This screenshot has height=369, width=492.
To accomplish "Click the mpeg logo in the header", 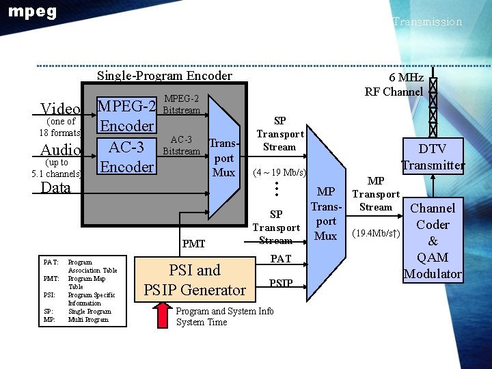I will pyautogui.click(x=32, y=12).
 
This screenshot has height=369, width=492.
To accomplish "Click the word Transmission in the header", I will pyautogui.click(x=427, y=22).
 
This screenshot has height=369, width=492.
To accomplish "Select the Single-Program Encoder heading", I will pyautogui.click(x=164, y=76).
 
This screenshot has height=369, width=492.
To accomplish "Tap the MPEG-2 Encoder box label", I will pyautogui.click(x=126, y=116).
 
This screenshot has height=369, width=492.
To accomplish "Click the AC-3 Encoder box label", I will pyautogui.click(x=126, y=156).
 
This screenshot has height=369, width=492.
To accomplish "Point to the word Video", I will pyautogui.click(x=60, y=109).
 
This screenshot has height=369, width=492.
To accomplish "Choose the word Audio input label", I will pyautogui.click(x=61, y=150).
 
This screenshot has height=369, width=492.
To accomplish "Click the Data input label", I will pyautogui.click(x=56, y=188).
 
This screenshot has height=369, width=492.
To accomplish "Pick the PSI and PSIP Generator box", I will pyautogui.click(x=195, y=280).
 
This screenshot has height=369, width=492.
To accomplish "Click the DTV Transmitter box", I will pyautogui.click(x=433, y=156).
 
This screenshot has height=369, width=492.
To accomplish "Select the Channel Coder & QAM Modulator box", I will pyautogui.click(x=433, y=241).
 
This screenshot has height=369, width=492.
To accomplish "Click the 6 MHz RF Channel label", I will pyautogui.click(x=394, y=85).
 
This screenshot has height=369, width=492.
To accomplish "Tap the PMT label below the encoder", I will pyautogui.click(x=193, y=243).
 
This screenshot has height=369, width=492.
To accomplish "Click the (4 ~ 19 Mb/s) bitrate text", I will pyautogui.click(x=279, y=172).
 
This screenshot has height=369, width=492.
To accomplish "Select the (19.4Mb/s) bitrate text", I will pyautogui.click(x=376, y=234).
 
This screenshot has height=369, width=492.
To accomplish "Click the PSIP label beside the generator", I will pyautogui.click(x=281, y=283).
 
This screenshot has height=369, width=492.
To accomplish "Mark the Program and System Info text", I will pyautogui.click(x=225, y=311).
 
